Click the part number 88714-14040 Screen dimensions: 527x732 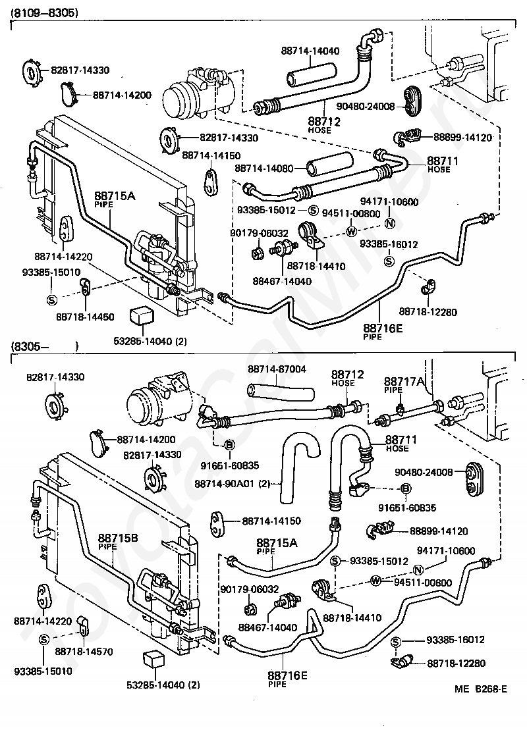(x=310, y=51)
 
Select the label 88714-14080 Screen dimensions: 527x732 (x=263, y=167)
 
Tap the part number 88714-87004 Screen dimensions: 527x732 (x=277, y=369)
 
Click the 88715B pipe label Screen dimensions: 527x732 (x=118, y=540)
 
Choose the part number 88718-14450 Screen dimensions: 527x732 (x=85, y=317)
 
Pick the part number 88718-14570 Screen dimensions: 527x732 (x=84, y=651)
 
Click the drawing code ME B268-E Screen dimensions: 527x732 (x=481, y=689)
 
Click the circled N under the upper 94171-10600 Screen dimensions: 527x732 (x=389, y=224)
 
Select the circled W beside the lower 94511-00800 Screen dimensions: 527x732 (x=375, y=581)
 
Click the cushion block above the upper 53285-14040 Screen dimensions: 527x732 (x=140, y=315)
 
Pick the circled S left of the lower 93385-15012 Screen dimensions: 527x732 (x=335, y=561)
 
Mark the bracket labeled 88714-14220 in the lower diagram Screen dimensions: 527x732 (x=43, y=595)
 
